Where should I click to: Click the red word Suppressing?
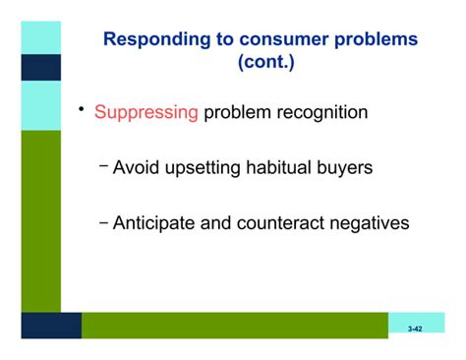pyautogui.click(x=146, y=113)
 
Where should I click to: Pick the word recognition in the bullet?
pyautogui.click(x=320, y=113)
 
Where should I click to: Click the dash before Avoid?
pyautogui.click(x=104, y=165)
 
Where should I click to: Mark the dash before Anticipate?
pyautogui.click(x=104, y=220)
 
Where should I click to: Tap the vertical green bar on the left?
pyautogui.click(x=40, y=221)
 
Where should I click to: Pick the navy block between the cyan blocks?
pyautogui.click(x=40, y=68)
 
